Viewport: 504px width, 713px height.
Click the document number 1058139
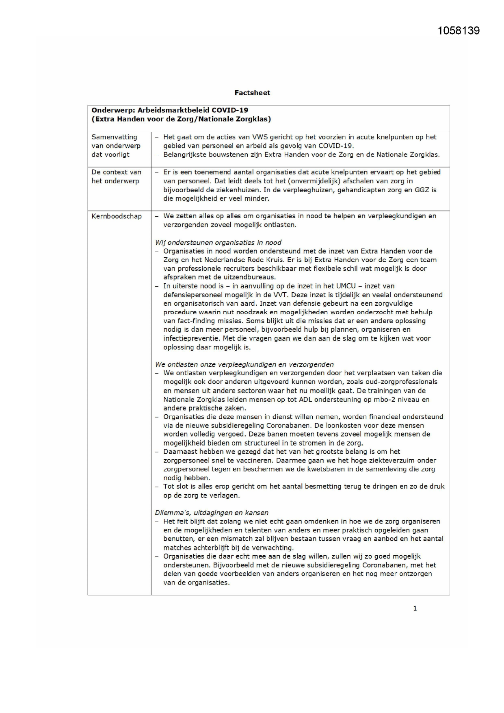pos(459,31)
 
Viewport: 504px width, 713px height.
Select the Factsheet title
pos(252,93)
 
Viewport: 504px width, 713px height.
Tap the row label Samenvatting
pos(114,137)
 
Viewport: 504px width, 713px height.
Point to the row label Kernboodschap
pos(117,216)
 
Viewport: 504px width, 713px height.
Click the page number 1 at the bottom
pos(415,609)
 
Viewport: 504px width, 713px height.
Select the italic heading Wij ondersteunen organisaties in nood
pos(218,243)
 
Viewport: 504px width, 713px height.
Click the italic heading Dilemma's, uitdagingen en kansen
pos(212,513)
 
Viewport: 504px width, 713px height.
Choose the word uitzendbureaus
pos(251,277)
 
